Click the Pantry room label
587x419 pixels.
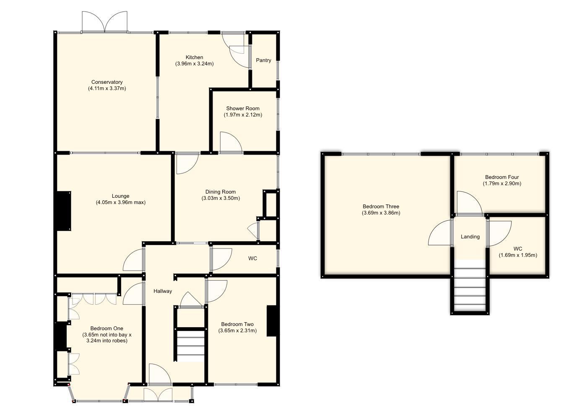[263, 60]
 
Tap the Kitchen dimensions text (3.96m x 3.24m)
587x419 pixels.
[194, 64]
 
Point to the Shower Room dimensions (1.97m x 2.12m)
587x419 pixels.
[243, 115]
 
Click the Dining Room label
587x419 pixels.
[221, 192]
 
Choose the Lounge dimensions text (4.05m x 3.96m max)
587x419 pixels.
[120, 202]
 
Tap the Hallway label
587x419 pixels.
[162, 291]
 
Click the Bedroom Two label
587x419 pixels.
[237, 324]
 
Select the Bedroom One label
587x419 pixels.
[106, 328]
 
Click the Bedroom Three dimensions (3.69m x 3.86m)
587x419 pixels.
[381, 213]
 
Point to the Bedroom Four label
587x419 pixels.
[502, 177]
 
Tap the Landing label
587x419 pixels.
[470, 237]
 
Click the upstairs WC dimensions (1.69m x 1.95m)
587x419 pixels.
[517, 255]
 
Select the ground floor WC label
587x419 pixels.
[252, 259]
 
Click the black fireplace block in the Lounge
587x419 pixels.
[64, 211]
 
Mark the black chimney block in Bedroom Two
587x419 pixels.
[272, 321]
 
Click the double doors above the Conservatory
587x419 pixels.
[104, 22]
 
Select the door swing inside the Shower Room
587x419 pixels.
[230, 142]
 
